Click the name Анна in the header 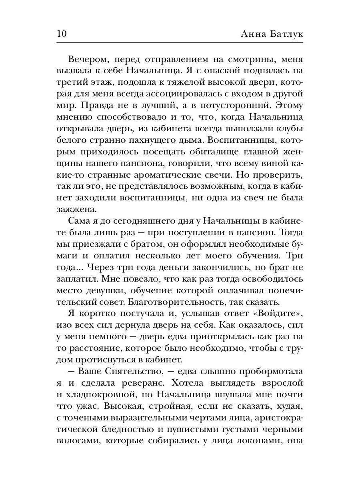[251, 34]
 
